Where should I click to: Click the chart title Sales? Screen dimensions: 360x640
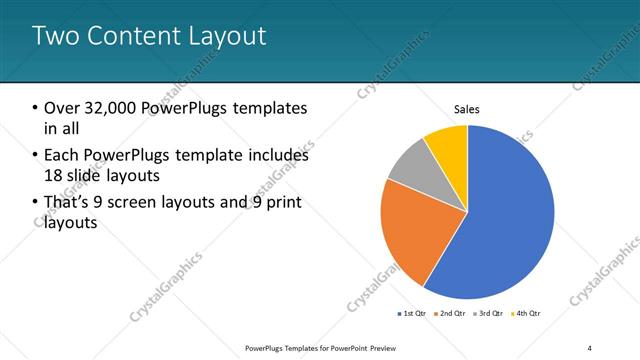[467, 108]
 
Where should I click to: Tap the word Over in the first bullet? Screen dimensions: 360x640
[61, 108]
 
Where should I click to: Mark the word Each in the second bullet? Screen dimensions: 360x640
[61, 155]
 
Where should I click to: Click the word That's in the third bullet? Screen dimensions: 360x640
[71, 203]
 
